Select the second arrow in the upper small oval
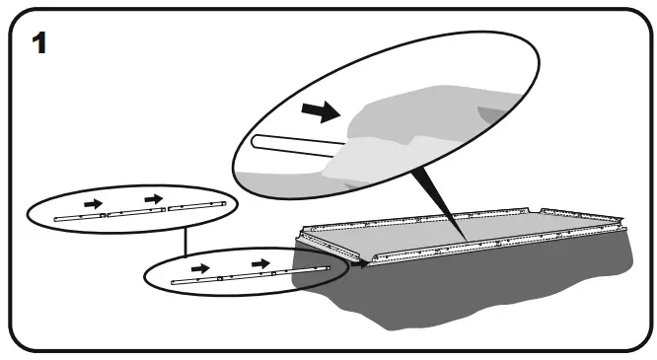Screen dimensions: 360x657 pyautogui.click(x=152, y=200)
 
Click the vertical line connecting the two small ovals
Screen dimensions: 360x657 pyautogui.click(x=185, y=239)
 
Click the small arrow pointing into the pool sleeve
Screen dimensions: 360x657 pyautogui.click(x=358, y=263)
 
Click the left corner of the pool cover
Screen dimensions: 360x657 pyautogui.click(x=304, y=235)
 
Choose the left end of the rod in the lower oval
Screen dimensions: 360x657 pyautogui.click(x=174, y=282)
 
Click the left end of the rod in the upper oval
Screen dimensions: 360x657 pyautogui.click(x=57, y=217)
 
